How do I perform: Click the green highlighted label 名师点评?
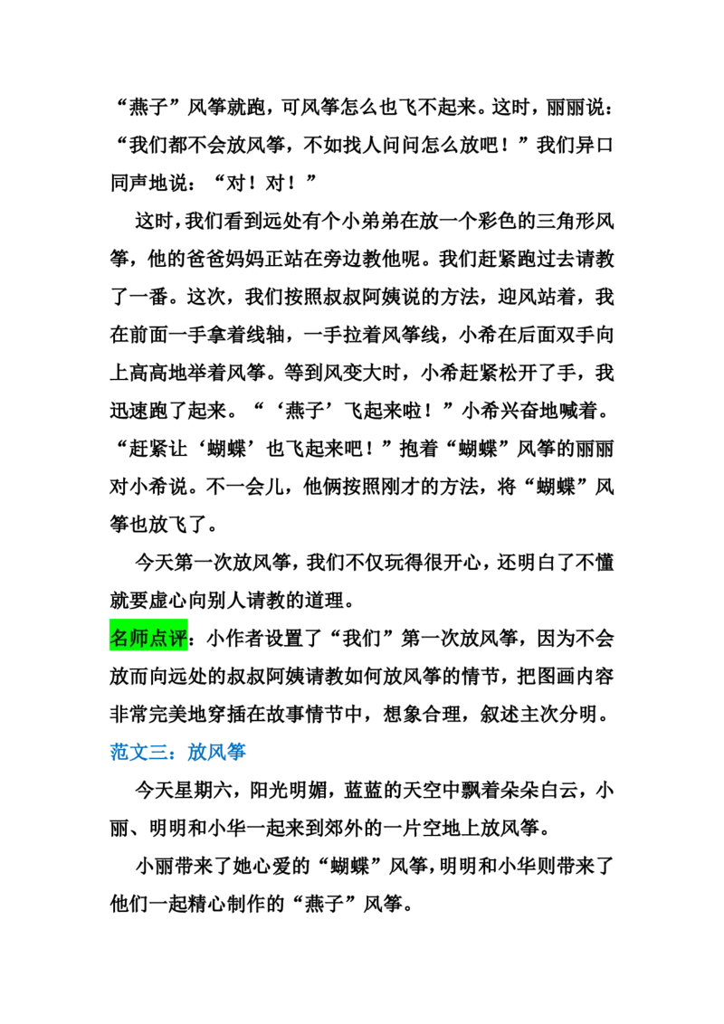point(148,638)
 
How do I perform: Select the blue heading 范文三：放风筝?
point(177,752)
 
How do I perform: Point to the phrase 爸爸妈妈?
point(224,259)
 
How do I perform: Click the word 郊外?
point(362,828)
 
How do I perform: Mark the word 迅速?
point(129,410)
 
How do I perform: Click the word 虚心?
point(168,600)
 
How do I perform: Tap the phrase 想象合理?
point(422,714)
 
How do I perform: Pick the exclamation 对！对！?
point(263,183)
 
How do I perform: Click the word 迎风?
point(517,297)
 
